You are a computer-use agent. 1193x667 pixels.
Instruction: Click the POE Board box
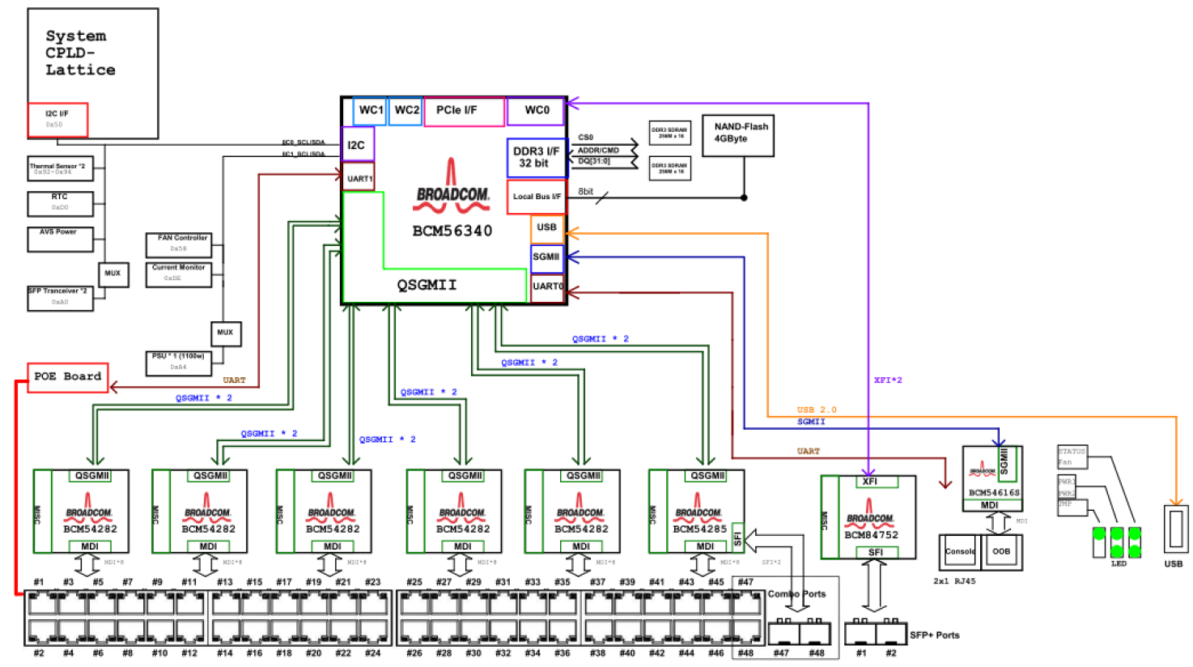tap(68, 377)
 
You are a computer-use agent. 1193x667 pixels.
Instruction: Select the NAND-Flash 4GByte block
tap(740, 134)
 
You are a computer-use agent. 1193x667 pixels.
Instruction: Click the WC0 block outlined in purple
tap(536, 111)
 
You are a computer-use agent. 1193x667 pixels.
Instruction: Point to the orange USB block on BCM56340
tap(547, 227)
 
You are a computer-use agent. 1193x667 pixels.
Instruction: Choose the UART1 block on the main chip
tap(359, 178)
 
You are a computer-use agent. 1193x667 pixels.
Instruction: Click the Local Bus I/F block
tap(536, 197)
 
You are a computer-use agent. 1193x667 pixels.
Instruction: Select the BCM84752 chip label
tap(870, 535)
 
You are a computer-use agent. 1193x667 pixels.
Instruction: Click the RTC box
tap(60, 202)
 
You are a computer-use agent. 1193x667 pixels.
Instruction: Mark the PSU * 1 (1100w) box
tap(178, 362)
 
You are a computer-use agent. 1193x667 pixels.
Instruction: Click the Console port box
tap(960, 552)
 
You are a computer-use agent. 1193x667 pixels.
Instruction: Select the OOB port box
tap(1002, 552)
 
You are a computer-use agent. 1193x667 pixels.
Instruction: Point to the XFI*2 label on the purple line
tap(887, 380)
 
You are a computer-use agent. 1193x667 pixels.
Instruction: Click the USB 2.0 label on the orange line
tap(816, 410)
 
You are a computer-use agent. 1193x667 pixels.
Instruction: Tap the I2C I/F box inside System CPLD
tap(57, 119)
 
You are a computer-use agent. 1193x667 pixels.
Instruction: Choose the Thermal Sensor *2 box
tap(61, 168)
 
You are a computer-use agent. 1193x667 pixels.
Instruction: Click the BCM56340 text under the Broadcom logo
tap(452, 232)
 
